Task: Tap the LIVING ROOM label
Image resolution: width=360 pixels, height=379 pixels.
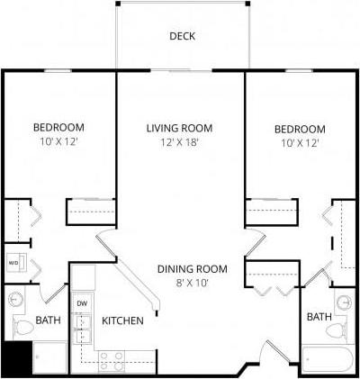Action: (179, 128)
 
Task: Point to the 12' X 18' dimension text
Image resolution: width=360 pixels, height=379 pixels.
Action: (179, 142)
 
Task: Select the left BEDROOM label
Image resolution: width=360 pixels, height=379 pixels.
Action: (59, 128)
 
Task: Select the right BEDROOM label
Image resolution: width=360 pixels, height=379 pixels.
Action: (300, 128)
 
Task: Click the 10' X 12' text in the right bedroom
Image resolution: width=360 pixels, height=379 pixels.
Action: (300, 142)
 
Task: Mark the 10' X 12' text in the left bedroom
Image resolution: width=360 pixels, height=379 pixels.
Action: (59, 142)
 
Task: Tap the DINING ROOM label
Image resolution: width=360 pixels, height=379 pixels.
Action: (192, 268)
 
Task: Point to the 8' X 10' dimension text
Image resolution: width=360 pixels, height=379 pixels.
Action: (192, 283)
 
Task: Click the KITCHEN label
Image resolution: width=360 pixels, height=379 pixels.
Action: (122, 321)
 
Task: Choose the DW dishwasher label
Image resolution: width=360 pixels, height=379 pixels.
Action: (81, 303)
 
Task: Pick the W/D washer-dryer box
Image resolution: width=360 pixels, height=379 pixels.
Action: (14, 263)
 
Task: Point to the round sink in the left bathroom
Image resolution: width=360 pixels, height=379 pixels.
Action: (15, 301)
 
